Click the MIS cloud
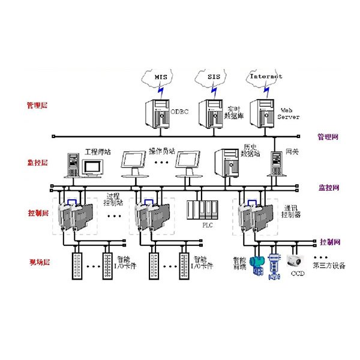tap(159, 78)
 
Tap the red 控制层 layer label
tap(37, 213)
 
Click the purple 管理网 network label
tap(328, 137)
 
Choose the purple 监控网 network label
tap(328, 188)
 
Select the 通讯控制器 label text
tap(292, 210)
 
